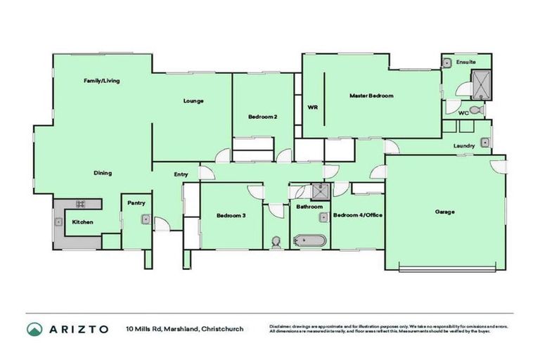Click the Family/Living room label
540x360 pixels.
[x=102, y=81]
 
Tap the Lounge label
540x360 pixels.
[x=193, y=101]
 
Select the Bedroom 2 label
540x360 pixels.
[x=261, y=117]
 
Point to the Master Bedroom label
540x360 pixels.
[x=371, y=96]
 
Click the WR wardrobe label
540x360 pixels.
[x=313, y=108]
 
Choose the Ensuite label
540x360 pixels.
[x=465, y=63]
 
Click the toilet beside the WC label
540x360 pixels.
[x=477, y=110]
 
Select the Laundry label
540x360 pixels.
[x=464, y=146]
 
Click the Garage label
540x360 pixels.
[x=444, y=212]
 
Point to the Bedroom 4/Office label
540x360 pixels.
[x=357, y=215]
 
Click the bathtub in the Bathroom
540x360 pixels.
[x=309, y=240]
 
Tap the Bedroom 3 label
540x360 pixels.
[x=230, y=215]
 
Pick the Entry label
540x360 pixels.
[x=181, y=174]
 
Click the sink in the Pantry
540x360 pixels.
[x=144, y=219]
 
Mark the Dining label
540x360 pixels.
[x=103, y=173]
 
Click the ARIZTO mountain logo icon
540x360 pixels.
[x=34, y=329]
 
